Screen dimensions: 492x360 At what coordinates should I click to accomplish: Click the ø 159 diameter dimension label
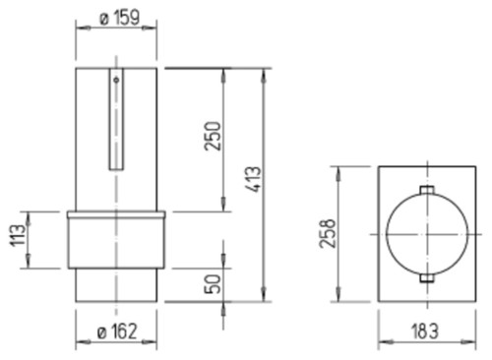pyautogui.click(x=119, y=17)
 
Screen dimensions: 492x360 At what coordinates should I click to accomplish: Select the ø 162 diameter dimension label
pyautogui.click(x=117, y=331)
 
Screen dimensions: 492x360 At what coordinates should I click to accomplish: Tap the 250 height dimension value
pyautogui.click(x=213, y=136)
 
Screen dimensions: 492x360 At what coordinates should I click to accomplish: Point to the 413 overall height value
pyautogui.click(x=253, y=179)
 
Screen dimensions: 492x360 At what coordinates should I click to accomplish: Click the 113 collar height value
pyautogui.click(x=17, y=236)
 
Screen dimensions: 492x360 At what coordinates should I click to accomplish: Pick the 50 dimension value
pyautogui.click(x=213, y=284)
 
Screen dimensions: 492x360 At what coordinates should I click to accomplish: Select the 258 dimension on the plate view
pyautogui.click(x=328, y=233)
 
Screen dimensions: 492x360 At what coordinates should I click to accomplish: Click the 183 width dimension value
pyautogui.click(x=424, y=331)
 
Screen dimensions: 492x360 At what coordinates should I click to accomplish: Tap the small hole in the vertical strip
pyautogui.click(x=116, y=80)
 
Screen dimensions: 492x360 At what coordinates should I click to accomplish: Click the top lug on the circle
pyautogui.click(x=427, y=190)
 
